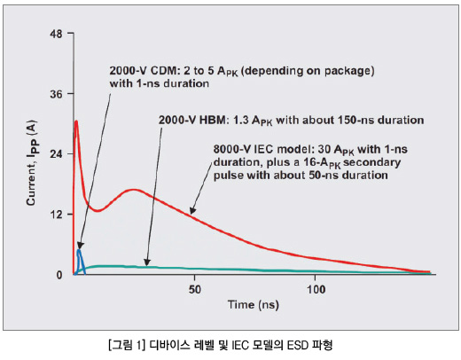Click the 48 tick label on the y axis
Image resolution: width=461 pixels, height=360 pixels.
tap(56, 34)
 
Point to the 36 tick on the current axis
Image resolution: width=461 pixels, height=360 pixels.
tap(70, 94)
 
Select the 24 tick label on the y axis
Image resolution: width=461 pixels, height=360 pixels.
tap(56, 153)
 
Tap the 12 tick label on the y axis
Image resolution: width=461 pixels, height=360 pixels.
tap(56, 215)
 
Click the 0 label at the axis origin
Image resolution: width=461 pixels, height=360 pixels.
tap(59, 275)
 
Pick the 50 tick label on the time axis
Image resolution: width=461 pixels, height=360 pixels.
tap(194, 289)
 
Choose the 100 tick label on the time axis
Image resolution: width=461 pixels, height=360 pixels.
tap(316, 289)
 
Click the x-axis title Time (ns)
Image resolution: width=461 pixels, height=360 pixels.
tap(254, 305)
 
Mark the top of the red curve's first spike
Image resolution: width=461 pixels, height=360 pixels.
tap(76, 121)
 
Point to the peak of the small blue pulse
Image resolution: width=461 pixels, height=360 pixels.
tap(79, 250)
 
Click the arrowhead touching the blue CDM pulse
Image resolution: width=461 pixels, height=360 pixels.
tap(80, 246)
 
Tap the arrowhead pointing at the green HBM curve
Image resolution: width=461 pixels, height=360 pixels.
tap(147, 262)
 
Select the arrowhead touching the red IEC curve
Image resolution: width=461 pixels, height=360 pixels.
tap(192, 210)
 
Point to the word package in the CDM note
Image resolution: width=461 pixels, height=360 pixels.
tap(348, 72)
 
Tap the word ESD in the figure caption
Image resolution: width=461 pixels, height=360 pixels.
tap(298, 345)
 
